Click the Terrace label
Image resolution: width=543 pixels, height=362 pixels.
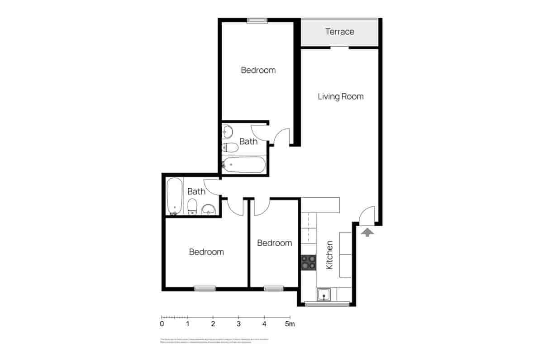pyautogui.click(x=340, y=32)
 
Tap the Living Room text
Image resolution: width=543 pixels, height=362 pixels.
pyautogui.click(x=340, y=96)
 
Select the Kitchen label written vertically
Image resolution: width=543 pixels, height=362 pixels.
pyautogui.click(x=329, y=255)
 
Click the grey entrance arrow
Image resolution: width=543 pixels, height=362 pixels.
pyautogui.click(x=368, y=232)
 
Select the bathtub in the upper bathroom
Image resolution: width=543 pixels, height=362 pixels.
pyautogui.click(x=243, y=165)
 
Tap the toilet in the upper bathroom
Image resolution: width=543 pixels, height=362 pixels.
pyautogui.click(x=231, y=148)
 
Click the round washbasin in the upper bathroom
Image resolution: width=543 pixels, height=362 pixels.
pyautogui.click(x=228, y=132)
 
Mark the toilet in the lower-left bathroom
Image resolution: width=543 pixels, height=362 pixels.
pyautogui.click(x=192, y=206)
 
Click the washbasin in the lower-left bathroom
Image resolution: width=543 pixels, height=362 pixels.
pyautogui.click(x=208, y=210)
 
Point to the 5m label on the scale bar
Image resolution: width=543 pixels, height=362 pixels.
pyautogui.click(x=290, y=324)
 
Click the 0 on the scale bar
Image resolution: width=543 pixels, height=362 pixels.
pyautogui.click(x=162, y=324)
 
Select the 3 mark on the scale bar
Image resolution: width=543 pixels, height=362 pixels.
pyautogui.click(x=238, y=324)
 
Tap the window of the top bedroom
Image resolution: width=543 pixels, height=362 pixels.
pyautogui.click(x=257, y=20)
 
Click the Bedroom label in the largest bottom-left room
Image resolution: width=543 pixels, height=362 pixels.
pyautogui.click(x=206, y=252)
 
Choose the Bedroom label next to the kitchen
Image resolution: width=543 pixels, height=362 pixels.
pyautogui.click(x=274, y=243)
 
